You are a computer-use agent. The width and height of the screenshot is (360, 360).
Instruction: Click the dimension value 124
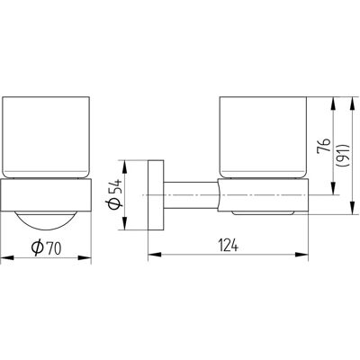228,246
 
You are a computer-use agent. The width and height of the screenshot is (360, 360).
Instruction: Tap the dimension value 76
323,146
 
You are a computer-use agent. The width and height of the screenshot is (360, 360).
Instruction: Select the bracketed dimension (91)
343,156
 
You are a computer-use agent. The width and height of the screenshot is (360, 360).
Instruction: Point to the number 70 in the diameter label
54,247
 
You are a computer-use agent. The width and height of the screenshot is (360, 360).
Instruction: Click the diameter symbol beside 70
38,247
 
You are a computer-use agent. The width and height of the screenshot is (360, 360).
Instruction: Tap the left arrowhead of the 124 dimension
155,255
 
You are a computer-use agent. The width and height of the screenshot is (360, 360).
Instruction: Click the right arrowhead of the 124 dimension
301,255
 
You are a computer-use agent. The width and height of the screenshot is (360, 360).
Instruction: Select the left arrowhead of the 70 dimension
7,257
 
